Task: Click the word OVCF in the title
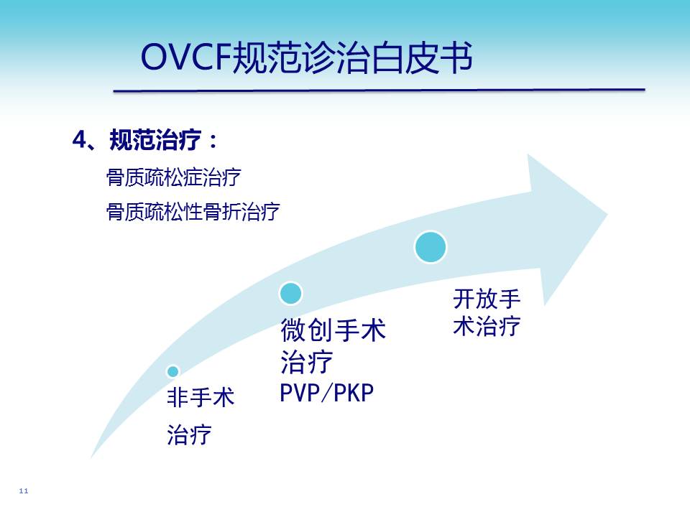[x=185, y=57]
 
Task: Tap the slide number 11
[x=24, y=490]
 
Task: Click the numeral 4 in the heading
[x=80, y=140]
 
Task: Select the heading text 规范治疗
[x=155, y=140]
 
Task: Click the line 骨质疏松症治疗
[x=173, y=177]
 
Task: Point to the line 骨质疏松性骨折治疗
[x=193, y=211]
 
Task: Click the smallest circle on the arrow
[x=173, y=371]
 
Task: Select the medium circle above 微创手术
[x=290, y=293]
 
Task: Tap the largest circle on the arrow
[x=431, y=247]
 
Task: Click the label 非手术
[x=201, y=397]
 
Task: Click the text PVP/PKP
[x=326, y=393]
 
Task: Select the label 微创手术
[x=333, y=330]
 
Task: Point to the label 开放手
[x=487, y=299]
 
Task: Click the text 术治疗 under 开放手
[x=487, y=326]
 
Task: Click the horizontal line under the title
[x=379, y=90]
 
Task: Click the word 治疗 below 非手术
[x=189, y=435]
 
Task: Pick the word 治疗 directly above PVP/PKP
[x=306, y=362]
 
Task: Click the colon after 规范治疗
[x=213, y=141]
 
